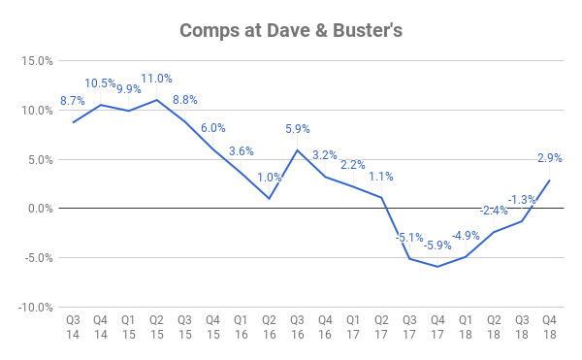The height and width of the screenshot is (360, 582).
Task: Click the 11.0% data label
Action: pos(156,79)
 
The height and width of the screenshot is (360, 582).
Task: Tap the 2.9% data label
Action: pos(549,158)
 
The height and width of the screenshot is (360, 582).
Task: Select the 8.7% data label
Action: pos(73,101)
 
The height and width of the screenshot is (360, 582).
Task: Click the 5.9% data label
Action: pos(298,129)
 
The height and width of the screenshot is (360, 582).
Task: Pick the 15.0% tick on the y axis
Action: pos(37,60)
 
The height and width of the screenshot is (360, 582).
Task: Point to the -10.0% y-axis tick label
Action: pos(35,307)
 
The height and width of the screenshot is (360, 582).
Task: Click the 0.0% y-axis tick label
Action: pos(40,209)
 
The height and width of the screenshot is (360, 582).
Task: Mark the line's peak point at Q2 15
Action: pos(157,100)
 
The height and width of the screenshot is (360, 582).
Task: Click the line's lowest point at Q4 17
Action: pos(437,266)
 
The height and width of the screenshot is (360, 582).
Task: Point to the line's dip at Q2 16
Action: pos(269,198)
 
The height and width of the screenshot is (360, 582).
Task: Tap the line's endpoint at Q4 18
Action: pos(549,180)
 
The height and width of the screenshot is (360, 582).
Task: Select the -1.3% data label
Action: pos(522,200)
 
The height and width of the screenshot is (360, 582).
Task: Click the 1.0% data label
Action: pos(270,177)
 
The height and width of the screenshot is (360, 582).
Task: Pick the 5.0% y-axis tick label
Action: pos(40,159)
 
